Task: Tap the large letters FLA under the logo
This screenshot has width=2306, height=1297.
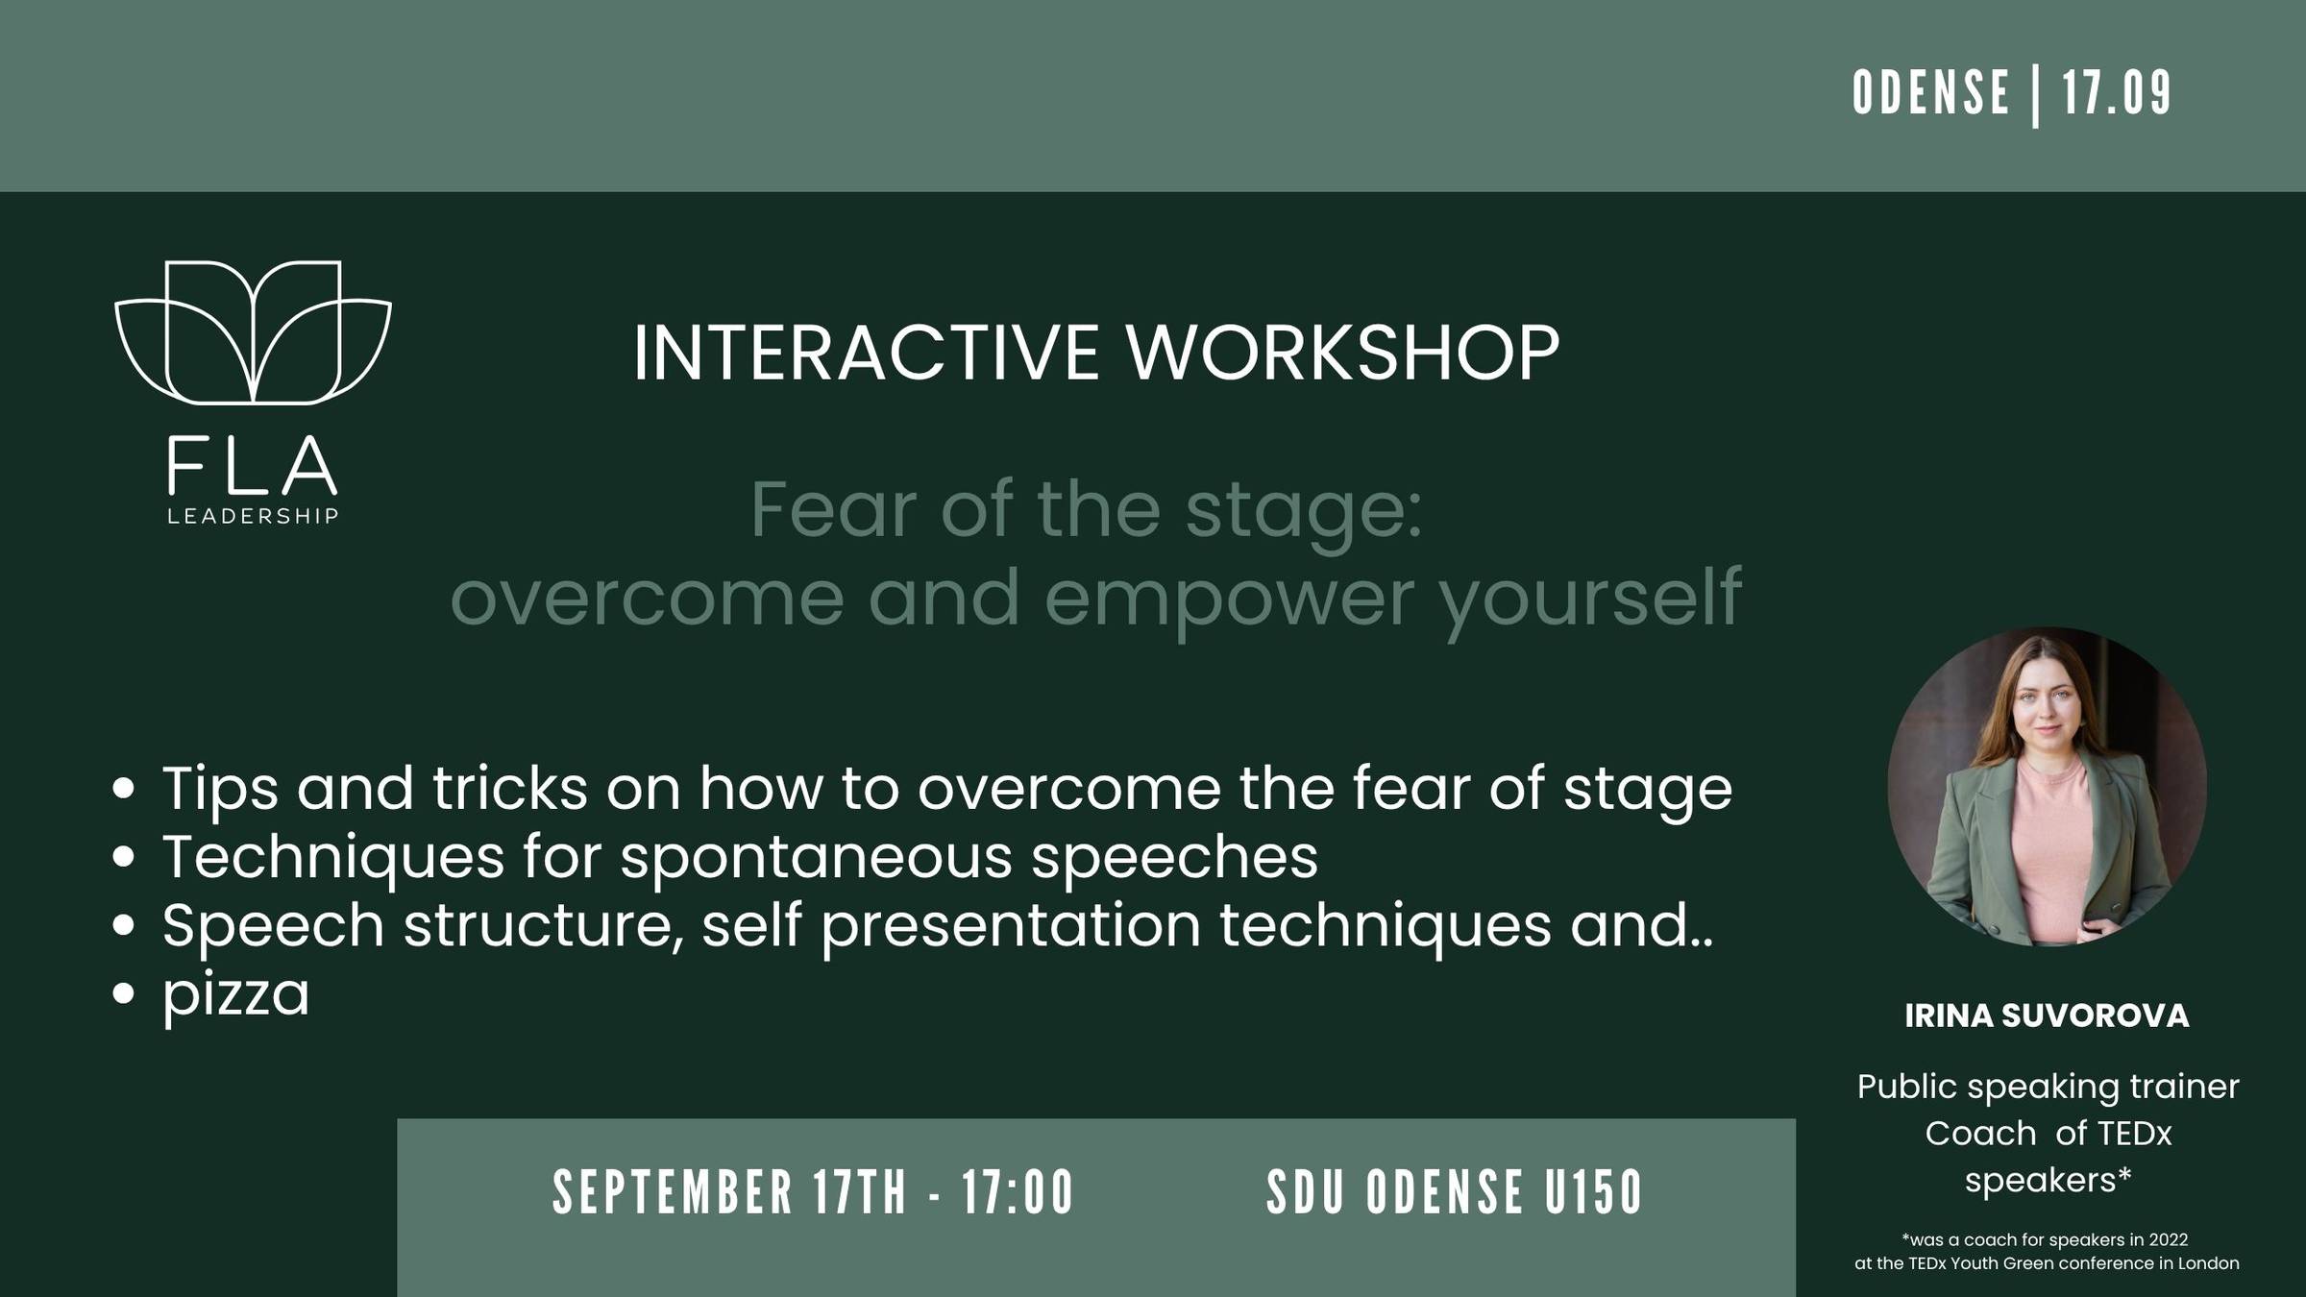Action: pyautogui.click(x=252, y=466)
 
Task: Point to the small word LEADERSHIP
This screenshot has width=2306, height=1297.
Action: pyautogui.click(x=253, y=517)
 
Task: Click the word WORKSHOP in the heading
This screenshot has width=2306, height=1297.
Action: pyautogui.click(x=1342, y=353)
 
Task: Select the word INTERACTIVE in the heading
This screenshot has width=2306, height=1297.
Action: pyautogui.click(x=866, y=353)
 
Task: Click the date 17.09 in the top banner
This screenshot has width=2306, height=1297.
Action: pyautogui.click(x=2117, y=93)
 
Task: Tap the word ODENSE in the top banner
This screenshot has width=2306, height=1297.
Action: pyautogui.click(x=1931, y=93)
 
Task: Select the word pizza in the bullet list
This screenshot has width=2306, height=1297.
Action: pyautogui.click(x=235, y=995)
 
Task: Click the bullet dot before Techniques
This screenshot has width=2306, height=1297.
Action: pyautogui.click(x=123, y=857)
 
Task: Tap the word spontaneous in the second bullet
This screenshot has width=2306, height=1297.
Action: pyautogui.click(x=816, y=858)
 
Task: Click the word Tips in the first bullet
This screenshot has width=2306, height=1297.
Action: pyautogui.click(x=220, y=790)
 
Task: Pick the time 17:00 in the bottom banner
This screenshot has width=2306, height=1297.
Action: pyautogui.click(x=1018, y=1192)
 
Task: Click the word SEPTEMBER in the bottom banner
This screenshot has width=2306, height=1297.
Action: pyautogui.click(x=673, y=1192)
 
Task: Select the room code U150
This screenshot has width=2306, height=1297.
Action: pyautogui.click(x=1594, y=1192)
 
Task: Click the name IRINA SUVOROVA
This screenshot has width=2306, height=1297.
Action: pyautogui.click(x=2048, y=1016)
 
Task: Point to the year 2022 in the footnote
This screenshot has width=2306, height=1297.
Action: pyautogui.click(x=2168, y=1240)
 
